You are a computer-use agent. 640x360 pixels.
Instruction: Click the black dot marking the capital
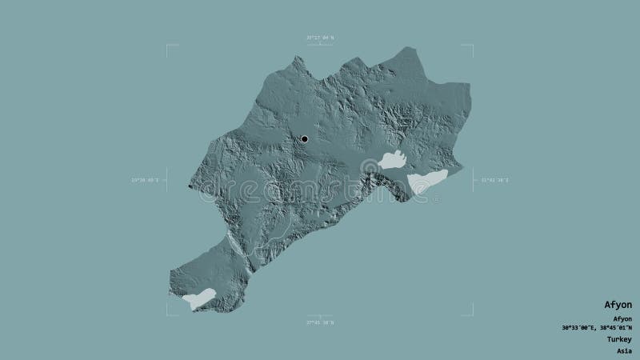point(305,140)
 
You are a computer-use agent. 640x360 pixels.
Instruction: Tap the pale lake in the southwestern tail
point(198,299)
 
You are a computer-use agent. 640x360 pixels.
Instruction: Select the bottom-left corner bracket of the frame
point(169,313)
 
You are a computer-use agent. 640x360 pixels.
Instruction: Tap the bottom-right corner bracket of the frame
point(471,313)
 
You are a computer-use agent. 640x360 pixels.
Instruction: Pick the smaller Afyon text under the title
point(622,318)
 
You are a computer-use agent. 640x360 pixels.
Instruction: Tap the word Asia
point(624,350)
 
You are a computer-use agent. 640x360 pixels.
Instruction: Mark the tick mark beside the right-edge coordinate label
point(474,180)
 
